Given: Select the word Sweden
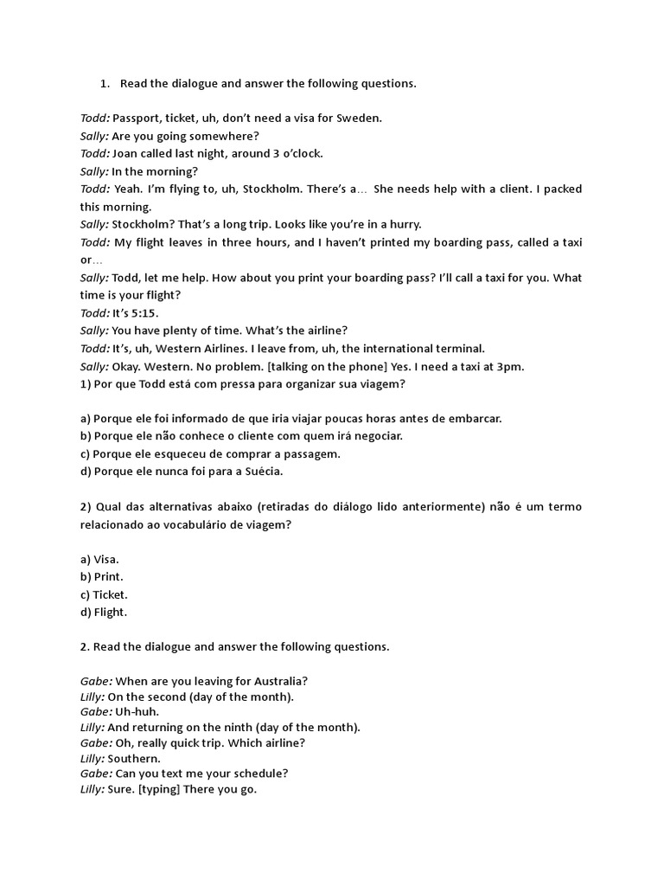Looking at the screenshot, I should pyautogui.click(x=358, y=119).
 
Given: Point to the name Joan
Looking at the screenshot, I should pyautogui.click(x=126, y=153).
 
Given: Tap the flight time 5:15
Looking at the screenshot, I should pyautogui.click(x=144, y=312).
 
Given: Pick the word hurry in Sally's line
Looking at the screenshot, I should pyautogui.click(x=402, y=224).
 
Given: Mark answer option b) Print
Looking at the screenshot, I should pyautogui.click(x=101, y=576).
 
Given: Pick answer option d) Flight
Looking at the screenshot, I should pyautogui.click(x=103, y=612).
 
